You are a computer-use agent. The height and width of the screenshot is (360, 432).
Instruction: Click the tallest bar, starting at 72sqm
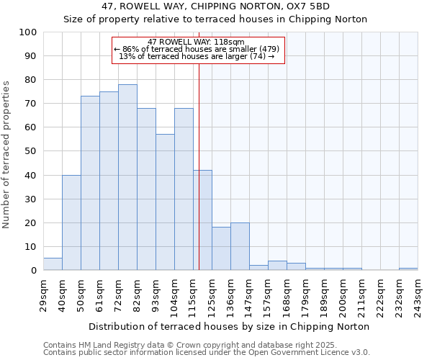click(127, 177)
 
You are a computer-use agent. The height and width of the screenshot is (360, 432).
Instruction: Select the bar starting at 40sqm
click(71, 222)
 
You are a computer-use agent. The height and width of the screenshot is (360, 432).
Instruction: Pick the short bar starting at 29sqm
click(53, 264)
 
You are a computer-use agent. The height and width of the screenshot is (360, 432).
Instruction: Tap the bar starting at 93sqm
click(165, 202)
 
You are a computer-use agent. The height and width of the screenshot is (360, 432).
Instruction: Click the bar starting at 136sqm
click(240, 246)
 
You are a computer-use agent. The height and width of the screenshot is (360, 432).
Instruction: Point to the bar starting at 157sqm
click(277, 266)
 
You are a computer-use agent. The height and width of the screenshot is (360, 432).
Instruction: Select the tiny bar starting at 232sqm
click(408, 269)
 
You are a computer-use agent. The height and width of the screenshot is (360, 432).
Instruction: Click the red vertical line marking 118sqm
click(199, 158)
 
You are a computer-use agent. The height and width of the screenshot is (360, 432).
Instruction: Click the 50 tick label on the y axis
click(31, 151)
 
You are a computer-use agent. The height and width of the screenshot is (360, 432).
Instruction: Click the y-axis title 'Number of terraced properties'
click(7, 154)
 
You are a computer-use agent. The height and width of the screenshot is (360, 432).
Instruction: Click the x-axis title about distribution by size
click(229, 326)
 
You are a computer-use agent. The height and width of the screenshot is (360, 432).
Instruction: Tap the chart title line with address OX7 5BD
click(215, 6)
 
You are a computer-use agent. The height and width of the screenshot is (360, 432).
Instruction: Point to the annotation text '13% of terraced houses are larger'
click(196, 56)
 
